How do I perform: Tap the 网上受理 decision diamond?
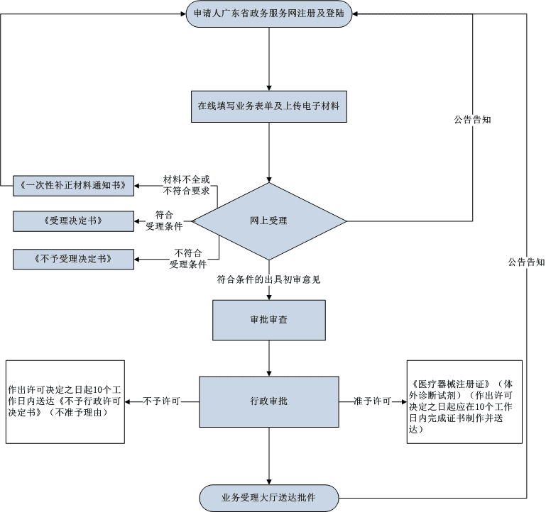269,221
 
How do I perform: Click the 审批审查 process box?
269,321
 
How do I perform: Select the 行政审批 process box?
269,401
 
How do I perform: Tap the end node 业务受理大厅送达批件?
269,497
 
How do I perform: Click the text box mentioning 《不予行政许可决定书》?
65,402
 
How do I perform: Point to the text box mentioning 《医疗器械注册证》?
464,401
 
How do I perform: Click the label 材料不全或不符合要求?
187,185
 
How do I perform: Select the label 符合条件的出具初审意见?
269,280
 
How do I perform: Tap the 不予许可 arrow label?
161,401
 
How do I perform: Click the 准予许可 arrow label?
373,401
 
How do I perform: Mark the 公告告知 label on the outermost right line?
526,262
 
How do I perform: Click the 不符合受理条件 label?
187,259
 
